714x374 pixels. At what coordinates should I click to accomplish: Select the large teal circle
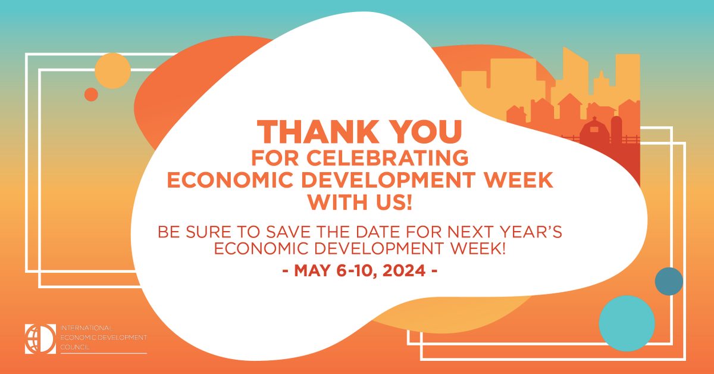pos(627,322)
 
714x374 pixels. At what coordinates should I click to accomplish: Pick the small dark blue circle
pos(669,281)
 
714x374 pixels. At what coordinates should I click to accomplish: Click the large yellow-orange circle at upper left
pos(112,70)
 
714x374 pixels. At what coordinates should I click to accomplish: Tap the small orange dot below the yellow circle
pos(91,94)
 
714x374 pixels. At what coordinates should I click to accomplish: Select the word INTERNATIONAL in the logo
pos(87,329)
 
